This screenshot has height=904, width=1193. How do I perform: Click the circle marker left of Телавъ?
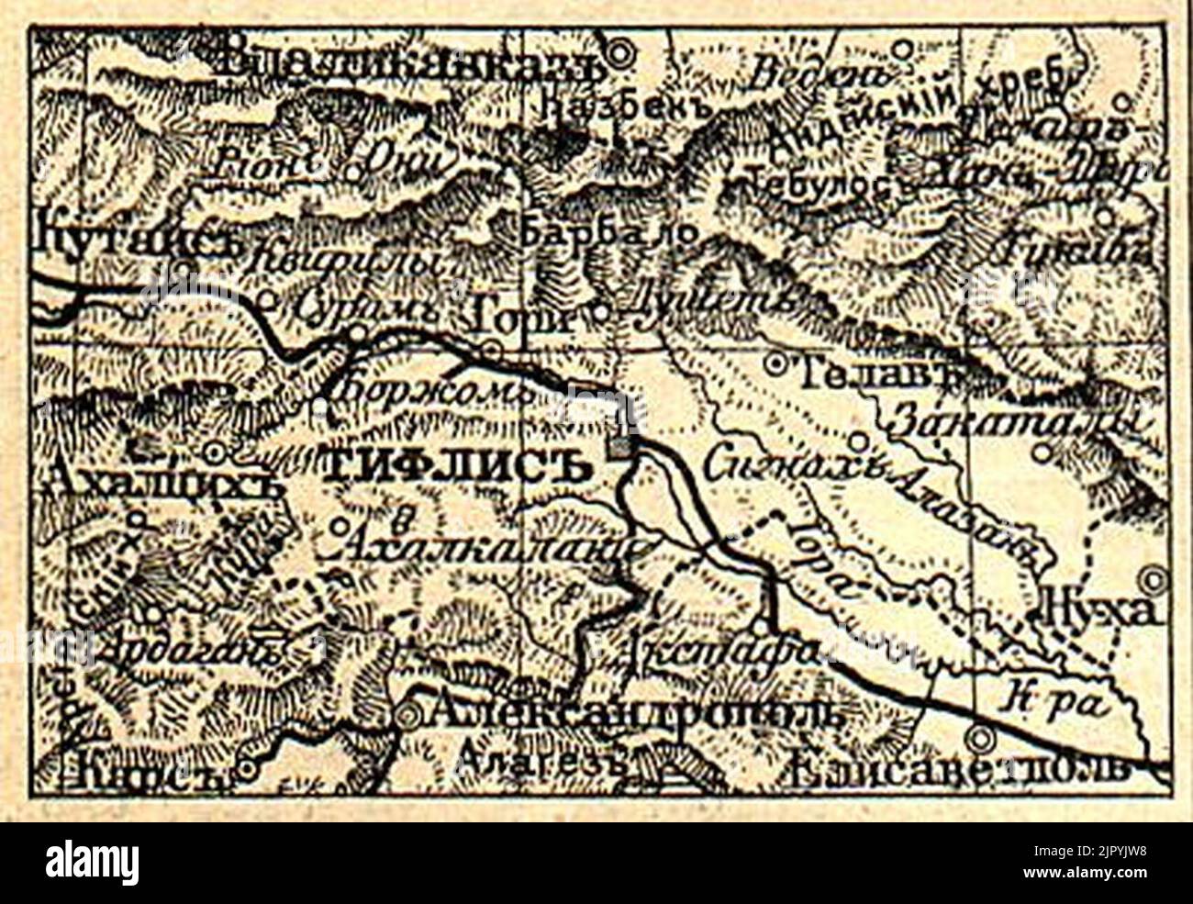point(776,364)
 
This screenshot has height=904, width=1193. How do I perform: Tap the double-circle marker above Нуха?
point(1153,580)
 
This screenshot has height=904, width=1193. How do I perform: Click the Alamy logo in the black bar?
point(92,863)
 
